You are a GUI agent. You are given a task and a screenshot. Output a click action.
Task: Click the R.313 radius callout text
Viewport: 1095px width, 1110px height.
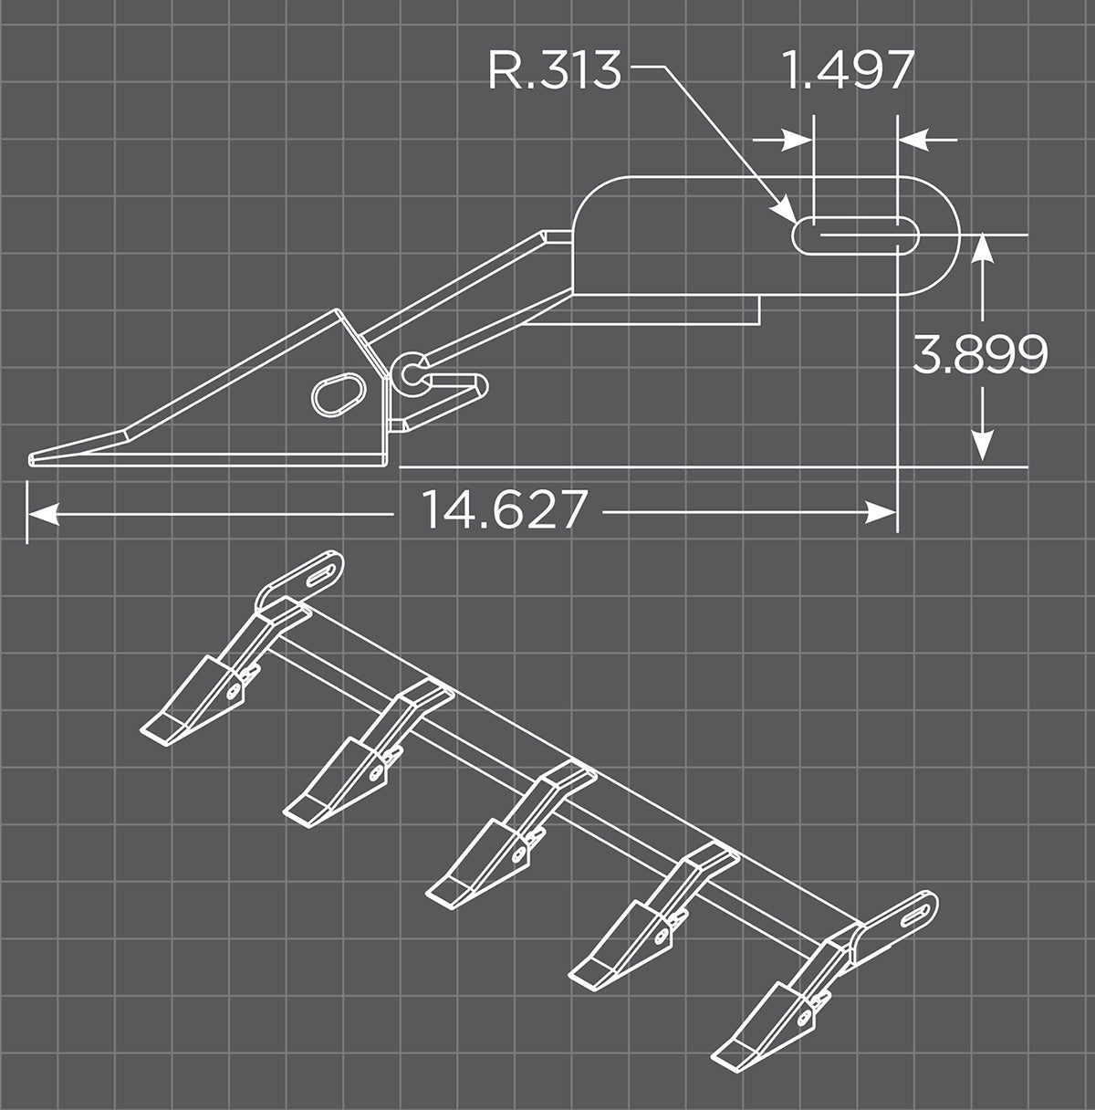point(555,70)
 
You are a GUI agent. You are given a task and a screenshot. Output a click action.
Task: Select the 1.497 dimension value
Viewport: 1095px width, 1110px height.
point(849,70)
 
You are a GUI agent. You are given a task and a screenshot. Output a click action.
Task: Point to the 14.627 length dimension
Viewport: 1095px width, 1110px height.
point(503,509)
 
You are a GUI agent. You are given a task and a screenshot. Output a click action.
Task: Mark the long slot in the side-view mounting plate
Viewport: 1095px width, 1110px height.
point(855,235)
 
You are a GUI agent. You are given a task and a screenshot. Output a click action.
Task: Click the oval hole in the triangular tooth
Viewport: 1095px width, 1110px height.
point(338,393)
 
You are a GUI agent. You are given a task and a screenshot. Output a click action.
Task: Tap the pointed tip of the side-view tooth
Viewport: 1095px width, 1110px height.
point(33,458)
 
